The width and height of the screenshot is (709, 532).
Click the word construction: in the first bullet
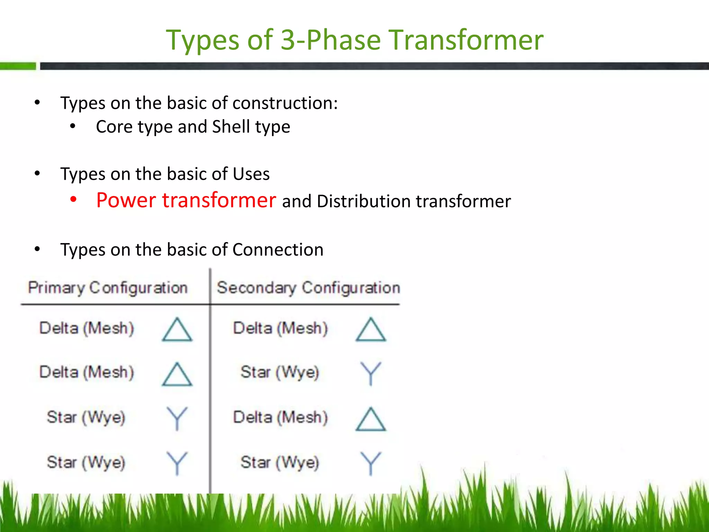(285, 103)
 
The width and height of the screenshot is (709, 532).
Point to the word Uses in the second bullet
(251, 174)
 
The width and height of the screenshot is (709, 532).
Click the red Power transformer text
(186, 200)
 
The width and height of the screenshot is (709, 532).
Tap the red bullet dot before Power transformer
(73, 199)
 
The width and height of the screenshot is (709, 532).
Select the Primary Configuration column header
(108, 288)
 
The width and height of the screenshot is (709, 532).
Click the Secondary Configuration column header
(308, 288)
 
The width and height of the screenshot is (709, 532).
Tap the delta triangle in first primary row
(177, 330)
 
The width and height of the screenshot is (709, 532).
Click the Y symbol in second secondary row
(370, 373)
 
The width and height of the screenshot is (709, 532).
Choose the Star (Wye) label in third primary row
(86, 417)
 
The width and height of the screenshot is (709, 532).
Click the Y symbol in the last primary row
(177, 463)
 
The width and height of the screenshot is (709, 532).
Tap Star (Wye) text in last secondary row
(280, 463)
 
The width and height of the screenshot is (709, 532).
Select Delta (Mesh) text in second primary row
(87, 373)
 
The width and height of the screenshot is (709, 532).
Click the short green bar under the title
(18, 66)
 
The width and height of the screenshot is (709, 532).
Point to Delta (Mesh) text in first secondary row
(280, 328)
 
